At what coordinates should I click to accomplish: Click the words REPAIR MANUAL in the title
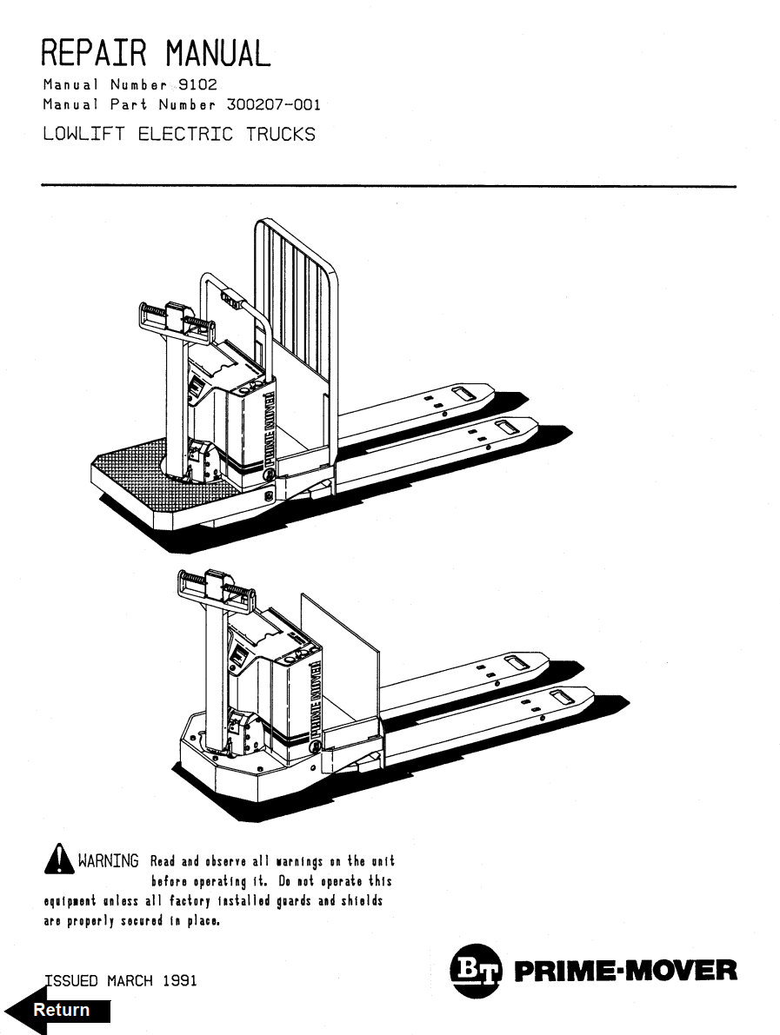point(156,53)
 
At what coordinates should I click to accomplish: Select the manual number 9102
point(197,85)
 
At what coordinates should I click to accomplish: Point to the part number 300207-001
point(273,105)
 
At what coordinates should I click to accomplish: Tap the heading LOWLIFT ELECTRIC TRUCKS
point(179,135)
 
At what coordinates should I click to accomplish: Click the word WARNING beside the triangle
point(108,861)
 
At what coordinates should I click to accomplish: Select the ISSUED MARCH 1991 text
point(120,980)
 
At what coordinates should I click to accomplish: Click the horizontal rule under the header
point(389,186)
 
